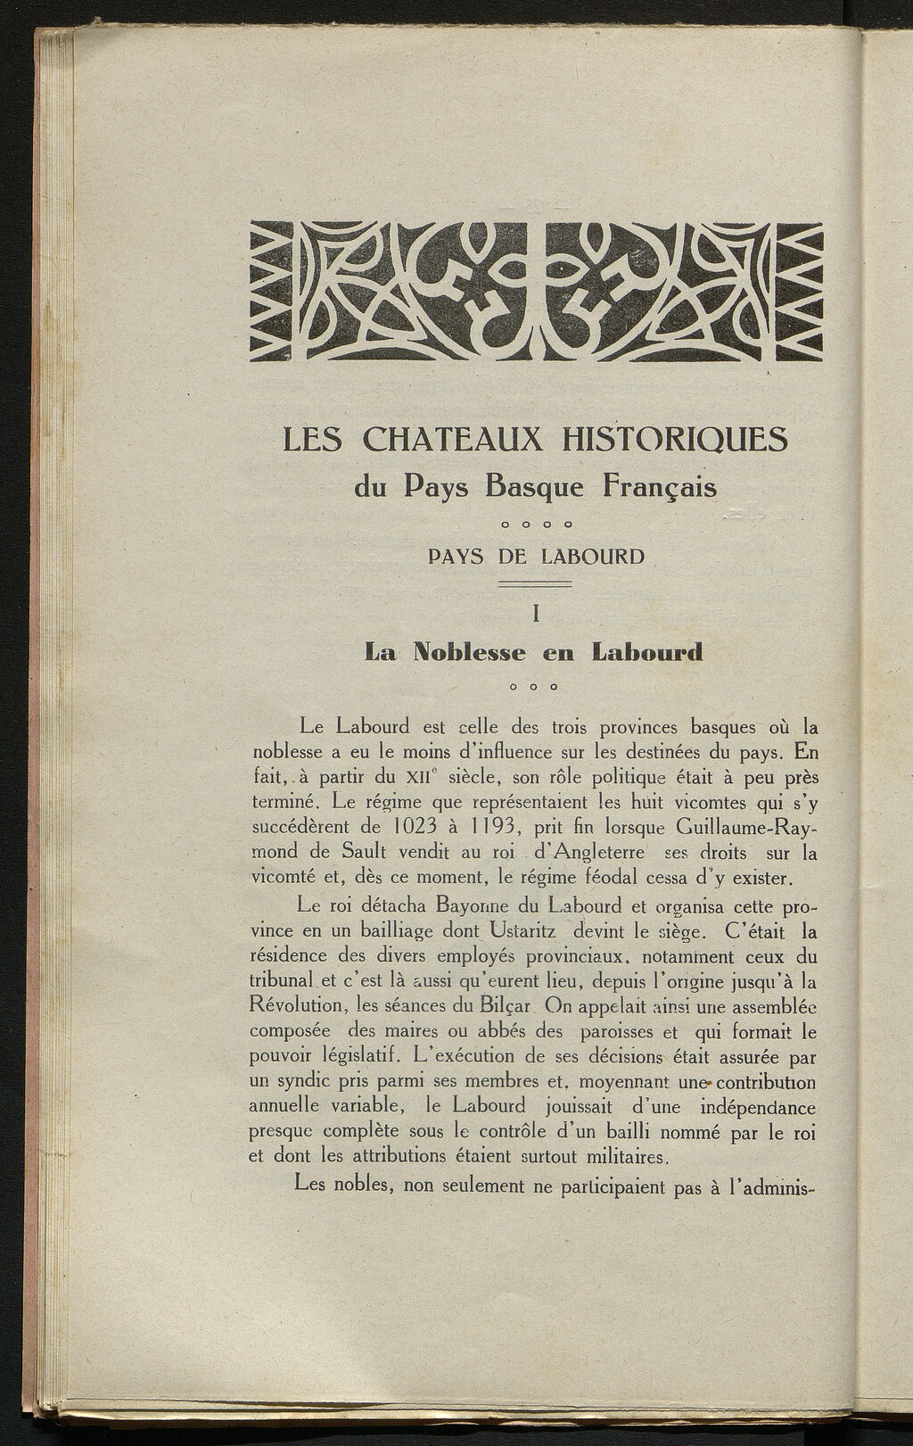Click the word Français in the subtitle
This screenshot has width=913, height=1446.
click(660, 488)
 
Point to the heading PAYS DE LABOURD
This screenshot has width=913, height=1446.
click(536, 557)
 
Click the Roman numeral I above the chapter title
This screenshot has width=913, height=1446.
click(535, 614)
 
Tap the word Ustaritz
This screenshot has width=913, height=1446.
click(522, 930)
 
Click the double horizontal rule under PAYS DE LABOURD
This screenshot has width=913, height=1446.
click(534, 584)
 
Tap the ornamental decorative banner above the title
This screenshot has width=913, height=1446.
click(535, 291)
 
